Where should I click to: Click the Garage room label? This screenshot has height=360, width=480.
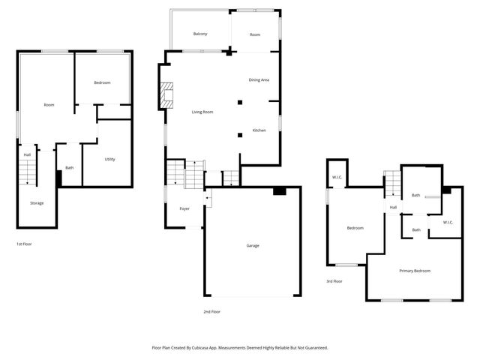(253, 245)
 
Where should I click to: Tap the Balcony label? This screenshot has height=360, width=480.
(199, 34)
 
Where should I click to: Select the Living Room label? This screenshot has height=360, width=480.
(202, 112)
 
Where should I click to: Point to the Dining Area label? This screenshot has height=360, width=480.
(259, 79)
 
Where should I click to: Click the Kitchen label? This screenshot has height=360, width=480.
(259, 130)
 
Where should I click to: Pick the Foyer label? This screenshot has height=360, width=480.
(184, 208)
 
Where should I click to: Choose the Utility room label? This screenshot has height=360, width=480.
(109, 159)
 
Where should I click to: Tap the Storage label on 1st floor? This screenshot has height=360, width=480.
(37, 203)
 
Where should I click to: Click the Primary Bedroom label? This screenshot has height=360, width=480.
(415, 271)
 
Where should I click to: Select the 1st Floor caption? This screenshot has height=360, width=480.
(24, 244)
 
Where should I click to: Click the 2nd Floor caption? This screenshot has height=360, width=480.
(211, 311)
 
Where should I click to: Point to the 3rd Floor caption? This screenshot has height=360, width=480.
(334, 281)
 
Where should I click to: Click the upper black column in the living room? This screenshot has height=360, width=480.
(240, 102)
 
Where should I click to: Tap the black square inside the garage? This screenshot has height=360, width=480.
(279, 192)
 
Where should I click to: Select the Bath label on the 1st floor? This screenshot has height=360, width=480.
(69, 168)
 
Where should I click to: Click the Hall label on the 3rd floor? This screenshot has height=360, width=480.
(392, 208)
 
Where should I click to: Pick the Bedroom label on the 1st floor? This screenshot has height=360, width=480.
(102, 82)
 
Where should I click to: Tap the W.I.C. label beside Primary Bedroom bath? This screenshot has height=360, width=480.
(448, 222)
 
